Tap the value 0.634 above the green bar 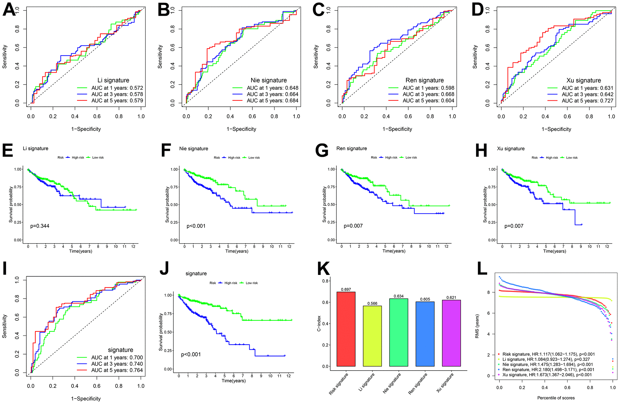tap(399, 296)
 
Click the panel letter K tap(323, 269)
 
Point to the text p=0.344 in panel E tap(40, 226)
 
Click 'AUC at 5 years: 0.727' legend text tap(588, 101)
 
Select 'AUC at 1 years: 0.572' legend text tap(117, 88)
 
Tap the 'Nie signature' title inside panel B tap(269, 80)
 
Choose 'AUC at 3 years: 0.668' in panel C tap(428, 94)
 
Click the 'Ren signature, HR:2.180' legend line tap(548, 370)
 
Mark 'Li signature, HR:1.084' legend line tap(546, 359)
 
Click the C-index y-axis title tap(319, 324)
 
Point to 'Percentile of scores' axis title tap(556, 398)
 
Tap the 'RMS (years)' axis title tap(477, 326)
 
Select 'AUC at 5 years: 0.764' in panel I tap(117, 370)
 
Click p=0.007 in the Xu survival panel tap(514, 226)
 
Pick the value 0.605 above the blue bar tap(425, 299)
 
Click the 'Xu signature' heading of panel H tap(511, 149)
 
